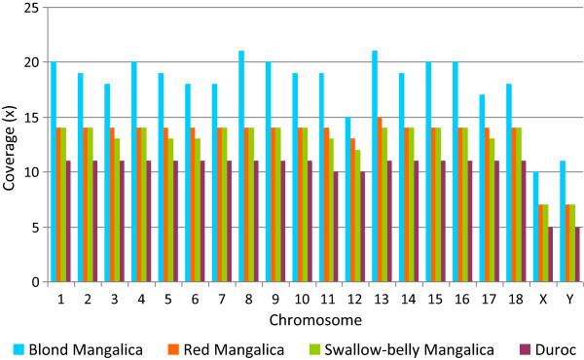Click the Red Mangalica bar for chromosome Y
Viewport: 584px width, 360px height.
tap(567, 243)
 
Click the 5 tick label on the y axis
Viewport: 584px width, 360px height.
tap(34, 228)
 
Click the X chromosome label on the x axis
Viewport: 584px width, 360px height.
tap(543, 300)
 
